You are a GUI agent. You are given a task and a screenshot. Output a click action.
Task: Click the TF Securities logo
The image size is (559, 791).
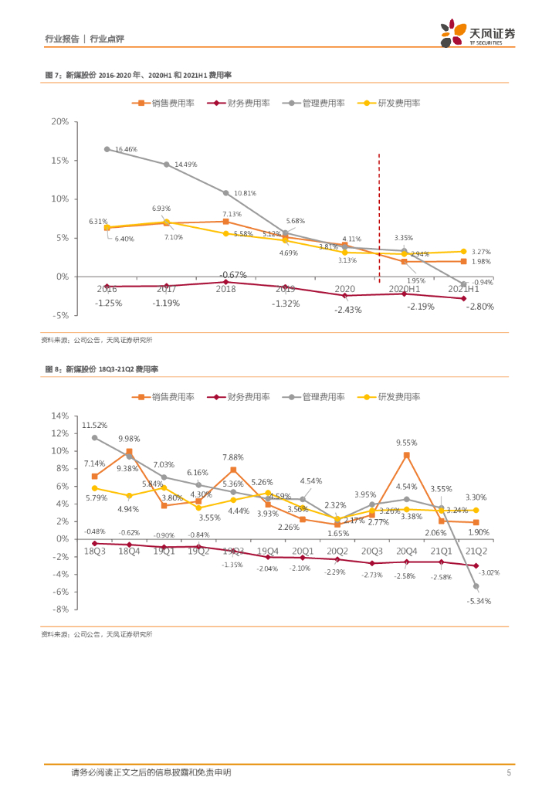[478, 33]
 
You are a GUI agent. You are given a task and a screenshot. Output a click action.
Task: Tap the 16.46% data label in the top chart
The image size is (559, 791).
[126, 149]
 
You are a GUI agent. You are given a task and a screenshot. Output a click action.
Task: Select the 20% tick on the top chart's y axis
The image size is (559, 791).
[59, 122]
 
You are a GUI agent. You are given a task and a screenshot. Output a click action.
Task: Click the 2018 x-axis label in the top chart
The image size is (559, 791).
[225, 288]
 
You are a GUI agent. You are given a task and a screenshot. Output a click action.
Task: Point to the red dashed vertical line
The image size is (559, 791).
[379, 216]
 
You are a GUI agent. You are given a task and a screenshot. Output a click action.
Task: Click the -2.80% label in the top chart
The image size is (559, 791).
[479, 307]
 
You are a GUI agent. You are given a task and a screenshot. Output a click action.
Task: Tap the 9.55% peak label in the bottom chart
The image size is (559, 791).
[406, 443]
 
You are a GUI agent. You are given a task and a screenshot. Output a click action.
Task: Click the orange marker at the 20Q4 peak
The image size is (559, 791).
[406, 455]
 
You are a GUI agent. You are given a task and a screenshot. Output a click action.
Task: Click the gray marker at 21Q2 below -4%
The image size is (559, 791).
[476, 586]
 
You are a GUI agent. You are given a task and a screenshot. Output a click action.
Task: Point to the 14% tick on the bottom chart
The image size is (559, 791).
[59, 416]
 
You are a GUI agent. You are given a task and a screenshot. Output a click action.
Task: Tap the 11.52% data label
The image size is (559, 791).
[94, 425]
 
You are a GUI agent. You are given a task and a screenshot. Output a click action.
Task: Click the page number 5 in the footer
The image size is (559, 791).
[508, 772]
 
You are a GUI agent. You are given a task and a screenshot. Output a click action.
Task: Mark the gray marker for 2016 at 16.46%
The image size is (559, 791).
[107, 149]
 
